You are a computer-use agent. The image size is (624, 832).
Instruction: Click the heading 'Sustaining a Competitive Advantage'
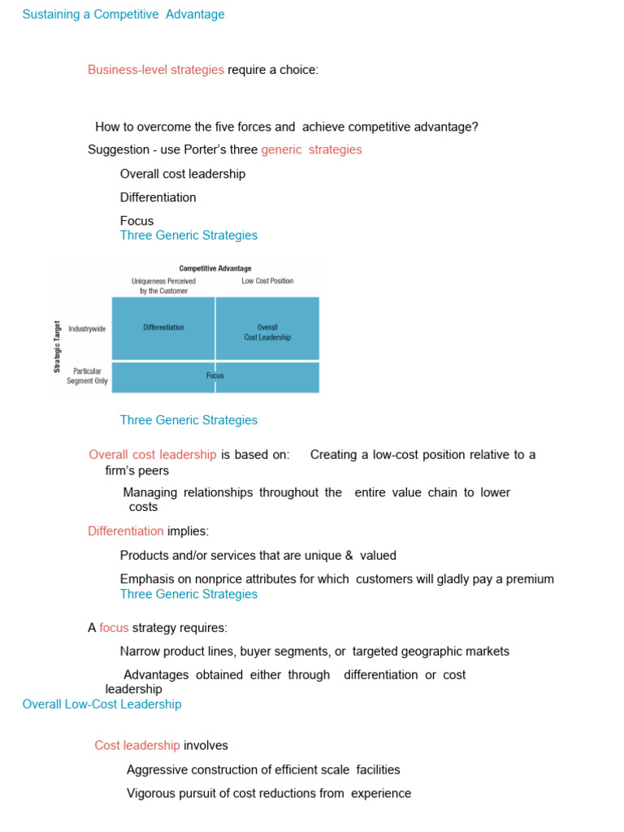coord(123,15)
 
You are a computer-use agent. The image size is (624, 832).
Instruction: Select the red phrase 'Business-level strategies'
coord(156,70)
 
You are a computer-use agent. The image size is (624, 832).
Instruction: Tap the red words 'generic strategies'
coord(311,149)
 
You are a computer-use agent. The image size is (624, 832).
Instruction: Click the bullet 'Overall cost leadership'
coord(183,174)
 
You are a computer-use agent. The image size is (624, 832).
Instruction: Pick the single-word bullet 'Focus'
coord(136,221)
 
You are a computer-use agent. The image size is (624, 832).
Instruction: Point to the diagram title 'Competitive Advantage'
coord(215,268)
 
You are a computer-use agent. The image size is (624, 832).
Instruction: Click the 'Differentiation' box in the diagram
coord(163,327)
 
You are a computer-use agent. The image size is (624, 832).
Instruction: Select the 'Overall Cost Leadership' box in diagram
coord(267,332)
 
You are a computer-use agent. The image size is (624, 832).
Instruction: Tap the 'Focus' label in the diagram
coord(215,376)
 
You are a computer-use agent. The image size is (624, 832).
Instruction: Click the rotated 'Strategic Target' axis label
coord(58,345)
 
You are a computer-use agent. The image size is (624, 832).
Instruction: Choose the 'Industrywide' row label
coord(87,328)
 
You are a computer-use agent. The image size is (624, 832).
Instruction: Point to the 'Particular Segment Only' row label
coord(87,376)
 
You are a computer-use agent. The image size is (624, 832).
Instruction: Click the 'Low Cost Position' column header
coord(267,281)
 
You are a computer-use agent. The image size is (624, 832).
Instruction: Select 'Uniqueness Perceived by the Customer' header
coord(163,286)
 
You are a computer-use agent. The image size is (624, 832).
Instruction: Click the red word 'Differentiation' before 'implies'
coord(126,531)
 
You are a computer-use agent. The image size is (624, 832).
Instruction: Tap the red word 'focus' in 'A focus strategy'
coord(114,628)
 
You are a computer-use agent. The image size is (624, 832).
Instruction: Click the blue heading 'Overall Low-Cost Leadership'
coord(102,704)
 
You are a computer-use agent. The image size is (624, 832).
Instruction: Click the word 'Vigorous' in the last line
coord(151,793)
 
